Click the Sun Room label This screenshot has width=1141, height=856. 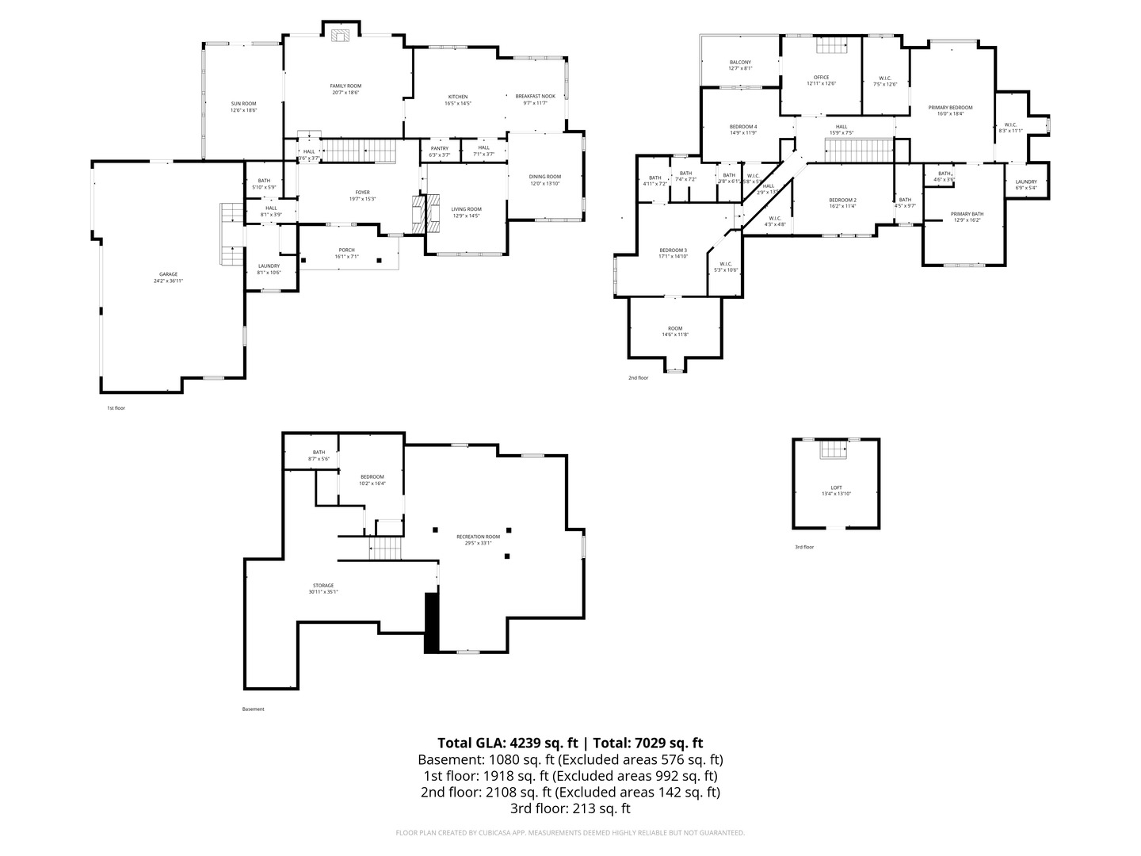(243, 104)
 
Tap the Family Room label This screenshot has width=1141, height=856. (345, 86)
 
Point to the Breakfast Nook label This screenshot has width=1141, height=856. (535, 97)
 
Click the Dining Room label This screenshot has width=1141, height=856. (545, 177)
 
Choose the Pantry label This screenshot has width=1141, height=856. (439, 148)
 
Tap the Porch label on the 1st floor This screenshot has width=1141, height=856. (346, 250)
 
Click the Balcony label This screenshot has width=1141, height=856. (740, 63)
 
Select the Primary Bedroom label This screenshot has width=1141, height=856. (950, 108)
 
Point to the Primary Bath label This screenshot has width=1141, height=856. (967, 214)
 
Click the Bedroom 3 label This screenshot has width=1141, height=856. (673, 250)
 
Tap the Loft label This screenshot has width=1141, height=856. (836, 488)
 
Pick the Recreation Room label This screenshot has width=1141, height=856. (478, 537)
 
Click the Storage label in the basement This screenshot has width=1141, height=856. (322, 586)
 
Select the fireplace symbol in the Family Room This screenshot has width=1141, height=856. (342, 35)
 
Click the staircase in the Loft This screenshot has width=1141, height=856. (834, 450)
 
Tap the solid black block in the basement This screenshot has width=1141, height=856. (432, 623)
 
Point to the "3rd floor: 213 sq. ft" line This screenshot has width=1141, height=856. (570, 809)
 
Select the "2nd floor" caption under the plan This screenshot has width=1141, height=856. (638, 378)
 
